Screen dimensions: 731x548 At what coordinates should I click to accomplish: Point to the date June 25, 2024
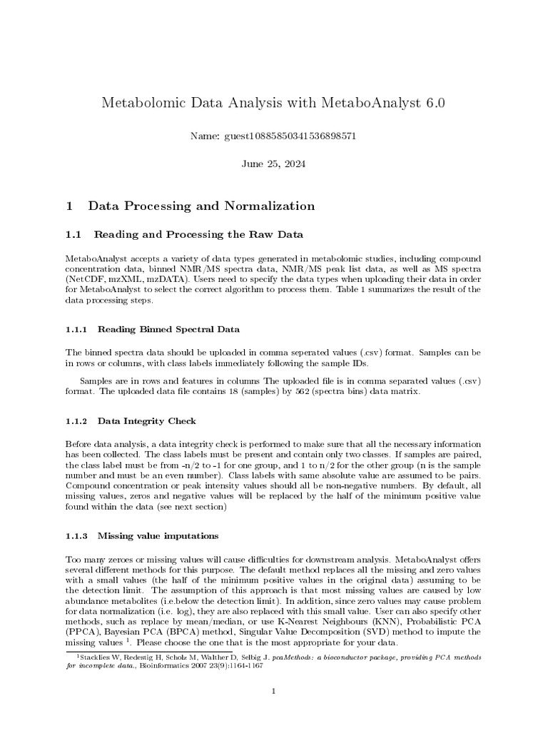(x=274, y=163)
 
